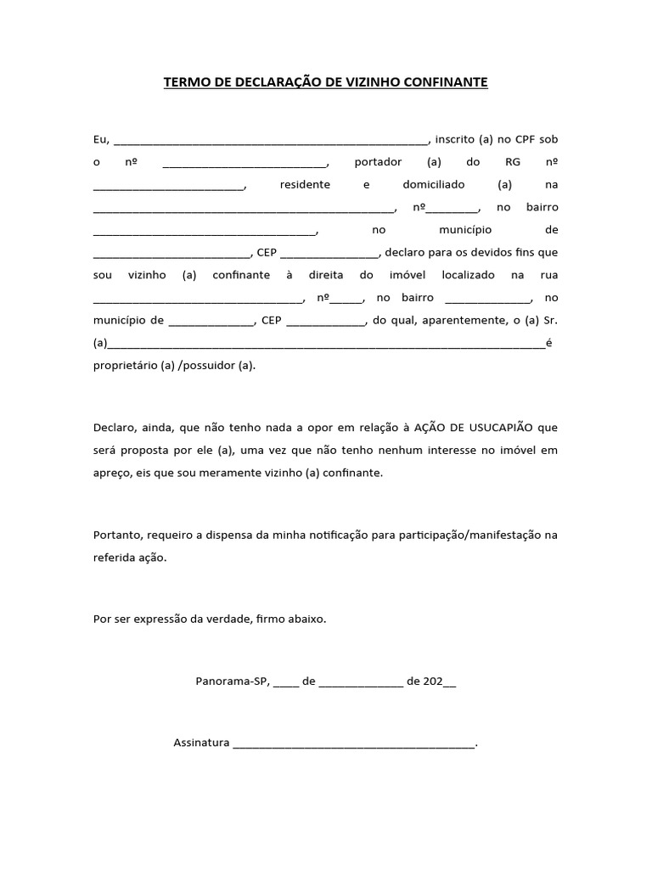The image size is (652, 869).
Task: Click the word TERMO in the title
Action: tap(184, 82)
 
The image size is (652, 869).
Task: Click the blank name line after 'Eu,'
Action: tap(272, 140)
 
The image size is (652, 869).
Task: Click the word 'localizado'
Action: tap(468, 275)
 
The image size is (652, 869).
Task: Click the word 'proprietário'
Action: tap(125, 365)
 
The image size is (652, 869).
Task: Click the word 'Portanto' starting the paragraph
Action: tap(117, 535)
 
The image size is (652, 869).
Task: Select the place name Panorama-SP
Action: tap(233, 681)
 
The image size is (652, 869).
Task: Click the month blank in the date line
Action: tap(361, 682)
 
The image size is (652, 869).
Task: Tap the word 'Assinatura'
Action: tap(201, 743)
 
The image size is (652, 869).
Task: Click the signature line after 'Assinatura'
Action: tap(354, 745)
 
